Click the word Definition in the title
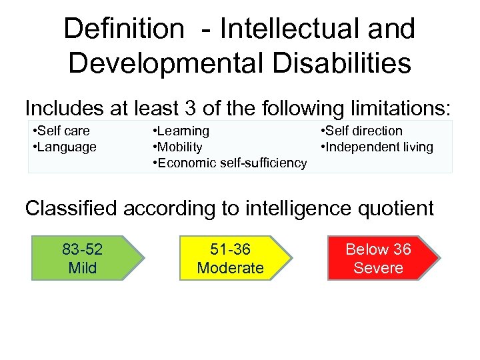(123, 29)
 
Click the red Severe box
(378, 259)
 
